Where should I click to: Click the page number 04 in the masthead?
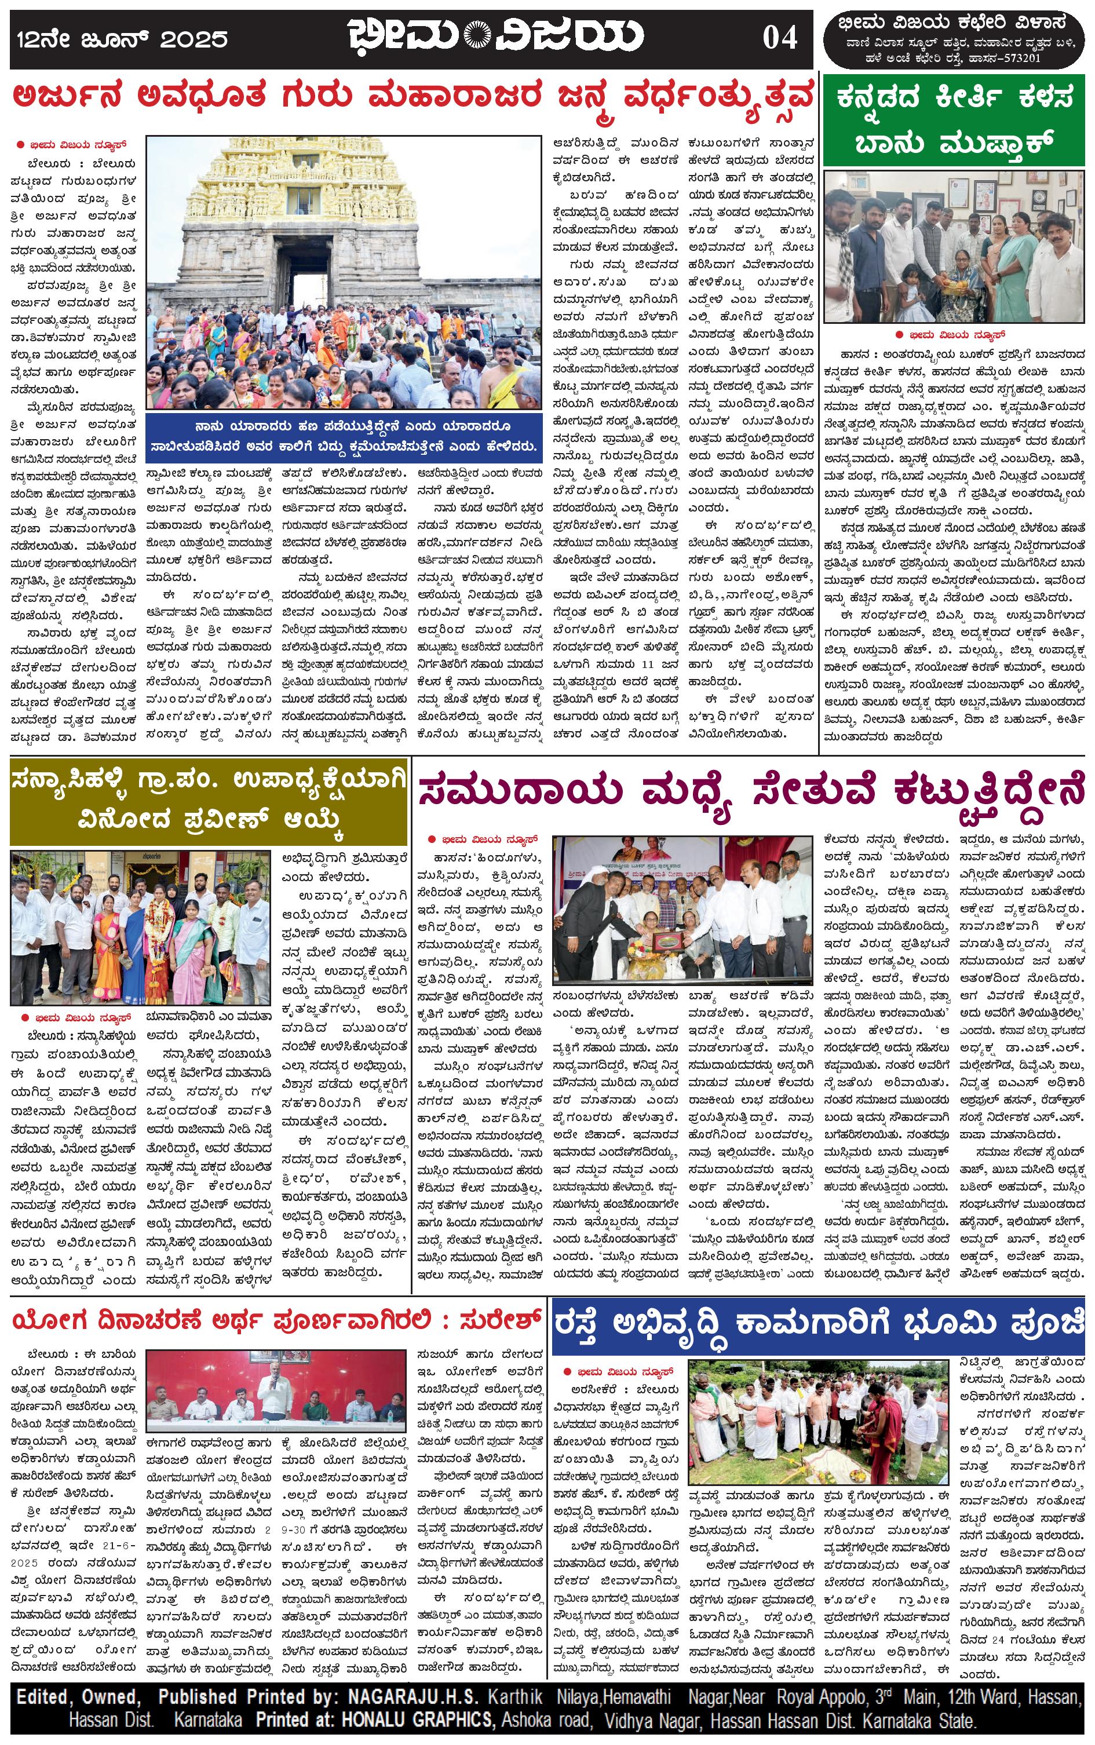tap(779, 37)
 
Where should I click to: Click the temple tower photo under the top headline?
tap(344, 273)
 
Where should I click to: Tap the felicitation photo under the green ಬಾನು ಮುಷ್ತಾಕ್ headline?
tap(954, 246)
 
